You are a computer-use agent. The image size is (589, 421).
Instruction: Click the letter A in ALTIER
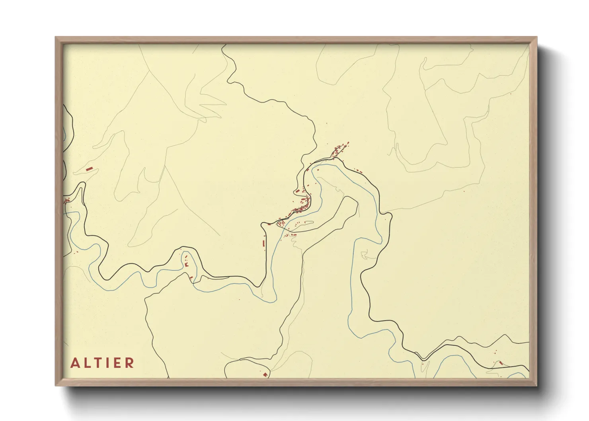point(74,363)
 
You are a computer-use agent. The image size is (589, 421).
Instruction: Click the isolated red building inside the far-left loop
point(90,169)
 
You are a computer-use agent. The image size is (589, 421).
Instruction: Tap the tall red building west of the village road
point(263,242)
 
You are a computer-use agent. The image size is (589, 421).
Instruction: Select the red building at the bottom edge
point(265,374)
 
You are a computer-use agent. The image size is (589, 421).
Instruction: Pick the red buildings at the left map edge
point(67,199)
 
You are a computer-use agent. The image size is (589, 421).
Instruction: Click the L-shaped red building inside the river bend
point(185,263)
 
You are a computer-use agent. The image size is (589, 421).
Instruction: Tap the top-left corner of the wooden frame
point(56,37)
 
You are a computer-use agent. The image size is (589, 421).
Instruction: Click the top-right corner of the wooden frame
point(536,37)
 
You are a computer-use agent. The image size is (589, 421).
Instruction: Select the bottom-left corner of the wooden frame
point(56,385)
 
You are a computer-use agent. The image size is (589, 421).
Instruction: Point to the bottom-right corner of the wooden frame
point(536,385)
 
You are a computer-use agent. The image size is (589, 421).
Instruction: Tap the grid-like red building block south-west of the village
point(281,224)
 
